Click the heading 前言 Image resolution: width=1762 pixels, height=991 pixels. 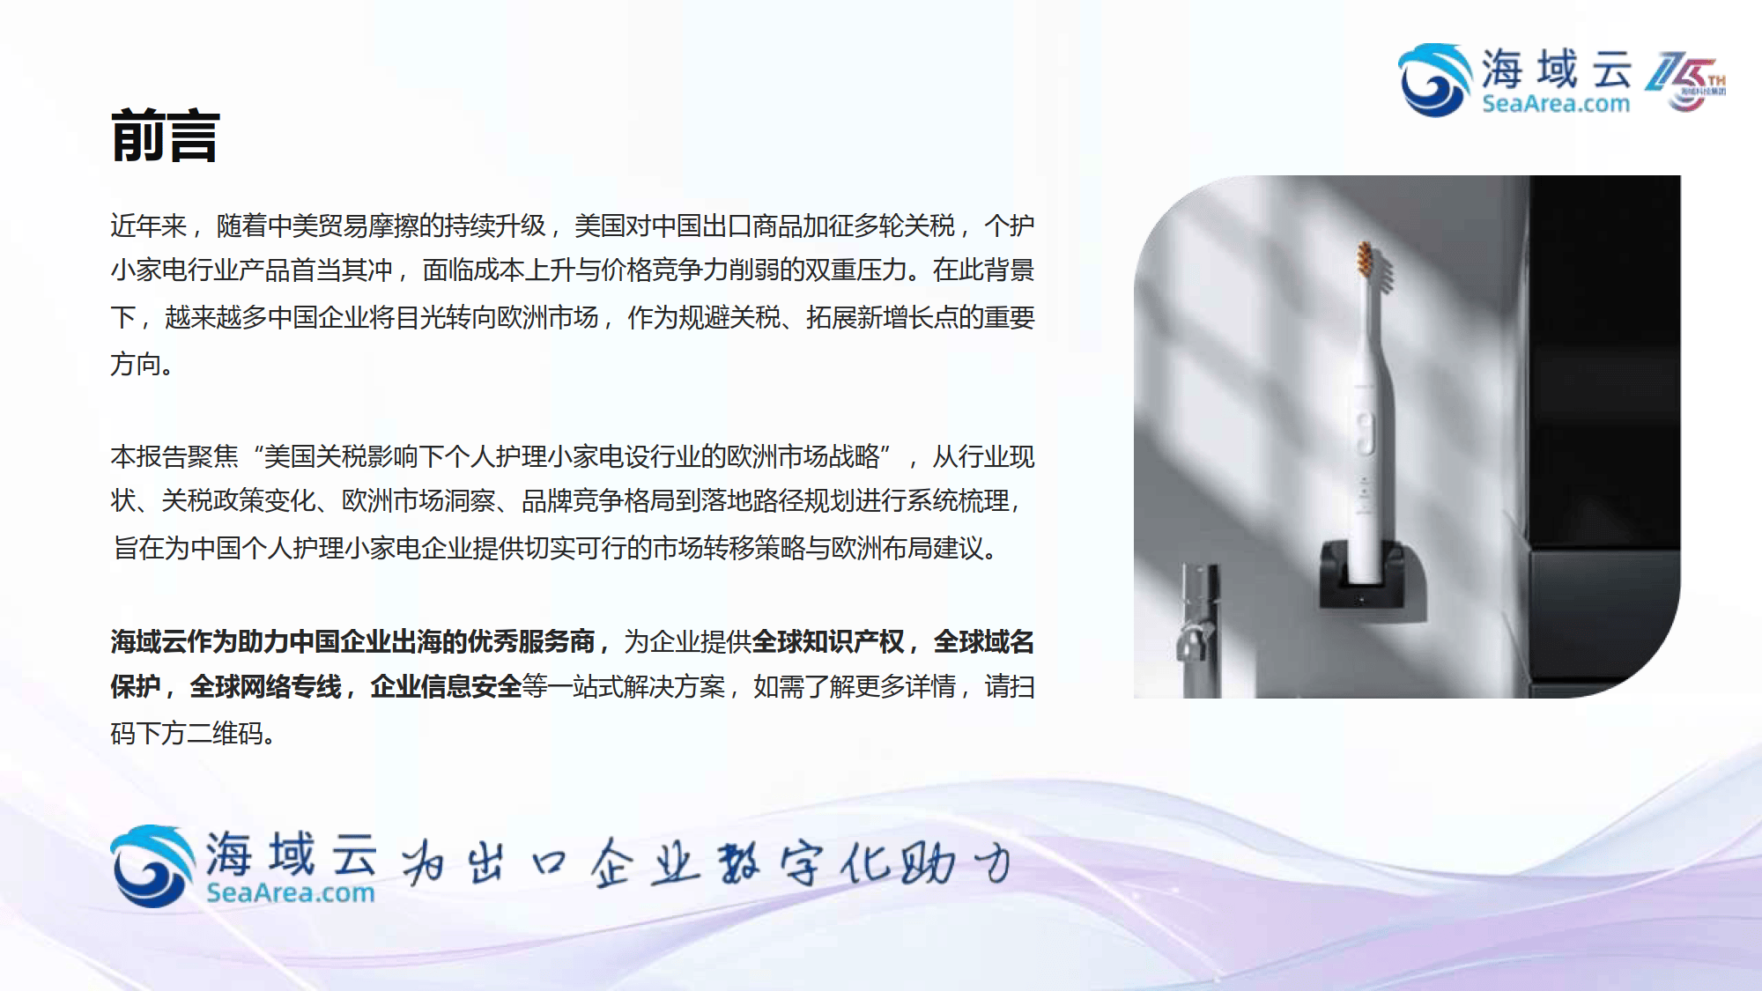(166, 137)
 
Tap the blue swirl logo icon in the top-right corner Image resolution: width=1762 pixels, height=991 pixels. (1434, 80)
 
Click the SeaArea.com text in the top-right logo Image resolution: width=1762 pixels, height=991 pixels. (1556, 104)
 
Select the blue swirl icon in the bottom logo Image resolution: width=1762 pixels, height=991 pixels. (152, 866)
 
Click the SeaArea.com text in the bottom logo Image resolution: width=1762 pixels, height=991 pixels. (291, 892)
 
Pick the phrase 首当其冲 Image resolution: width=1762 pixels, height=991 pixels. (342, 270)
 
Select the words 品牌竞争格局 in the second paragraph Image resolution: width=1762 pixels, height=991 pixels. (598, 501)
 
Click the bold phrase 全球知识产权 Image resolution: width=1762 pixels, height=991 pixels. (828, 641)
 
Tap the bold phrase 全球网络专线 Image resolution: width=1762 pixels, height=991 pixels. (266, 686)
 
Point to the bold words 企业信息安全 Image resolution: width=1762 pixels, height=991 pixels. (446, 686)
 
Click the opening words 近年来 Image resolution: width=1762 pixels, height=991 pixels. (149, 226)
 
